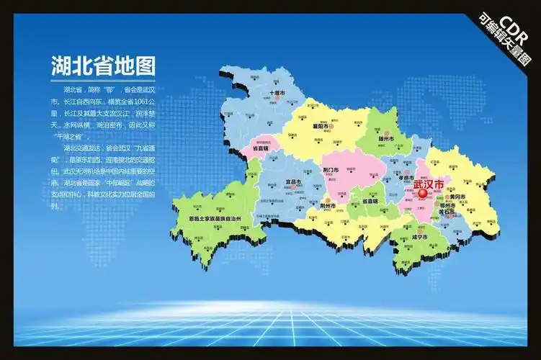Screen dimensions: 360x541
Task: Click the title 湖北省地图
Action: click(103, 67)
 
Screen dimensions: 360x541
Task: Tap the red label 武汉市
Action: click(429, 184)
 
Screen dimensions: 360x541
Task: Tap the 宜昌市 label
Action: click(292, 181)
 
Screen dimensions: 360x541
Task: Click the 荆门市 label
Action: click(335, 171)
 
